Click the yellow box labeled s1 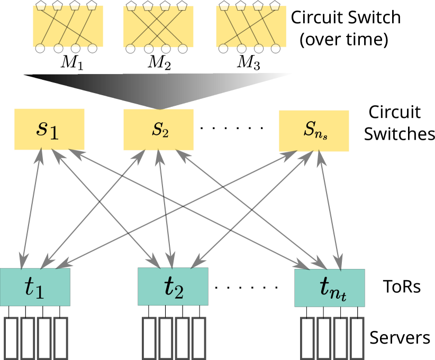pyautogui.click(x=49, y=129)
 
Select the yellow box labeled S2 pyautogui.click(x=158, y=130)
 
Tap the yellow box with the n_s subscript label pyautogui.click(x=314, y=131)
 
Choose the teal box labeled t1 pyautogui.click(x=35, y=287)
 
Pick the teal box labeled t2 pyautogui.click(x=173, y=287)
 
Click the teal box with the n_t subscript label pyautogui.click(x=330, y=288)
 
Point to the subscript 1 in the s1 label pyautogui.click(x=55, y=132)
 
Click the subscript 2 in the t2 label pyautogui.click(x=179, y=291)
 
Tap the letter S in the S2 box pyautogui.click(x=156, y=129)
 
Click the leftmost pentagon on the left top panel pyautogui.click(x=41, y=6)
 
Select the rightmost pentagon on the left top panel pyautogui.click(x=92, y=6)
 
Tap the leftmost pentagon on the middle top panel pyautogui.click(x=131, y=6)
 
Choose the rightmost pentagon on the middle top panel pyautogui.click(x=182, y=6)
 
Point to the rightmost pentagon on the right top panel pyautogui.click(x=275, y=6)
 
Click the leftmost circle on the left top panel pyautogui.click(x=40, y=49)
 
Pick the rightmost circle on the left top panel pyautogui.click(x=93, y=49)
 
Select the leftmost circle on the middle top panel pyautogui.click(x=131, y=49)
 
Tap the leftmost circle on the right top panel pyautogui.click(x=223, y=49)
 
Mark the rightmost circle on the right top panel pyautogui.click(x=275, y=49)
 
